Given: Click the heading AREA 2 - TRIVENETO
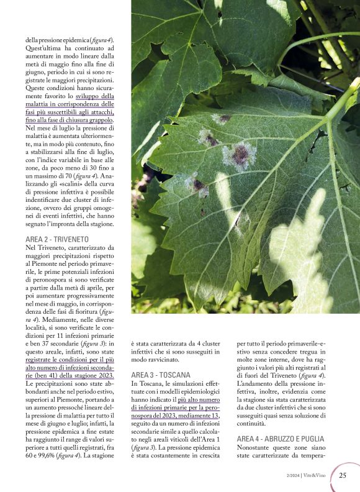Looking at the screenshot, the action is coord(57,239).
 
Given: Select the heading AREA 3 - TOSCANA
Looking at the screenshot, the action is coord(161,375).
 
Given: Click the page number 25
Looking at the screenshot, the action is coord(343,476).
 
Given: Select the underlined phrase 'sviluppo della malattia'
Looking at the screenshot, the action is coord(99,96).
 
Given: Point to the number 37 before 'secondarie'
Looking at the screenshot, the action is coord(53,344).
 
